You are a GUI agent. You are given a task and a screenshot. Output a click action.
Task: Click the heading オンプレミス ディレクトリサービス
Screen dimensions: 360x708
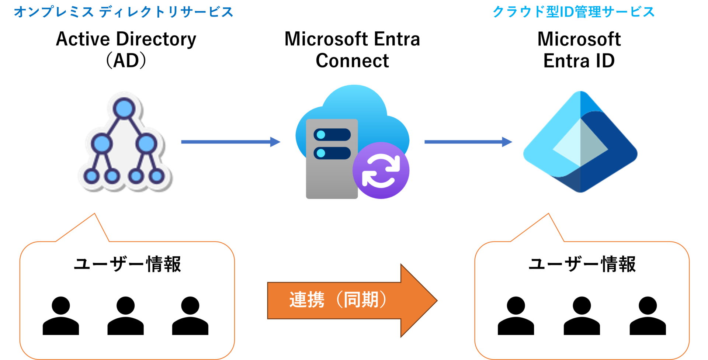(124, 12)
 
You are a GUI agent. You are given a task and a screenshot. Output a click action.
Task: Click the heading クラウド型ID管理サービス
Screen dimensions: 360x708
(573, 12)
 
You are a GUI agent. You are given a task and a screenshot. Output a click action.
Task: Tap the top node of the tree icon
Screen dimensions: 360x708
(124, 108)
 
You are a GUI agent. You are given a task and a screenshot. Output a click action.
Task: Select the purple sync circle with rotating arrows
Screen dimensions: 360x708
(381, 171)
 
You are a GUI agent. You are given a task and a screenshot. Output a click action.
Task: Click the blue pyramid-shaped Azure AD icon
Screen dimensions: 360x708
(580, 142)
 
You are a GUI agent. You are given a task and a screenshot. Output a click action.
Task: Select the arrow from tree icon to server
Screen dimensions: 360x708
(230, 142)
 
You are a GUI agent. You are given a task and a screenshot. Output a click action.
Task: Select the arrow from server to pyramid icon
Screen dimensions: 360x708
(468, 142)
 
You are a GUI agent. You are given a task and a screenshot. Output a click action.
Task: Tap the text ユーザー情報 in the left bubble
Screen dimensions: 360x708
(127, 264)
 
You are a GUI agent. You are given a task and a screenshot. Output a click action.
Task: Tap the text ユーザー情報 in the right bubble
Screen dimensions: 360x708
(582, 264)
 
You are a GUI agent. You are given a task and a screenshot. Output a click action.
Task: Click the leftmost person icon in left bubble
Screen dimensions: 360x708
(61, 316)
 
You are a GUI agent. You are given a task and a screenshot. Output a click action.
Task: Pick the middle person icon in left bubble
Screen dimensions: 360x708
(125, 316)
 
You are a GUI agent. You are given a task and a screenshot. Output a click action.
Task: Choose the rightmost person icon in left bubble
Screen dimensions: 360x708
(190, 316)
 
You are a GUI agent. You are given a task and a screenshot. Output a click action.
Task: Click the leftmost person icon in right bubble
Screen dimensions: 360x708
(516, 316)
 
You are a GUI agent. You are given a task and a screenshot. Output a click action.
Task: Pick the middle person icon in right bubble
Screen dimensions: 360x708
(582, 316)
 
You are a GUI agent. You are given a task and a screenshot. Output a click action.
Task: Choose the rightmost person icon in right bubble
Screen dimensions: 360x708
(648, 316)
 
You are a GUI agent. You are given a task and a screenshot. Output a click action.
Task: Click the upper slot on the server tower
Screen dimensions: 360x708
(332, 135)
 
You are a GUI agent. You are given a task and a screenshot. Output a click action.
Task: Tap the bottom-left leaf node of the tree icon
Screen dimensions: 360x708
(91, 176)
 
